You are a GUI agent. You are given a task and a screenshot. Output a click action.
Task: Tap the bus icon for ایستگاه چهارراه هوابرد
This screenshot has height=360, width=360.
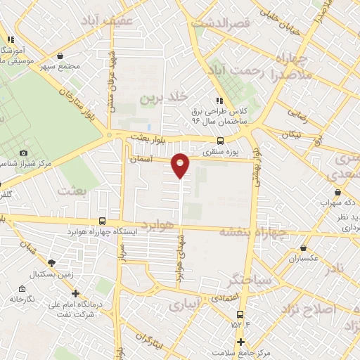(103, 220)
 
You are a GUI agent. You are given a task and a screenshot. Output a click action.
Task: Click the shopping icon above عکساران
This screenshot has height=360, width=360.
(303, 247)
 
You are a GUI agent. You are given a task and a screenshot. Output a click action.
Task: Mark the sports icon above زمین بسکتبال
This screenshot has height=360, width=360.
(51, 262)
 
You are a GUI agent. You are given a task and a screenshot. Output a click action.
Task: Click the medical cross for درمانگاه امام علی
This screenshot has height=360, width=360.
(75, 294)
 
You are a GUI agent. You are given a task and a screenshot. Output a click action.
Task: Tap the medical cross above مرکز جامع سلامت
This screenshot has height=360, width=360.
(240, 342)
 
